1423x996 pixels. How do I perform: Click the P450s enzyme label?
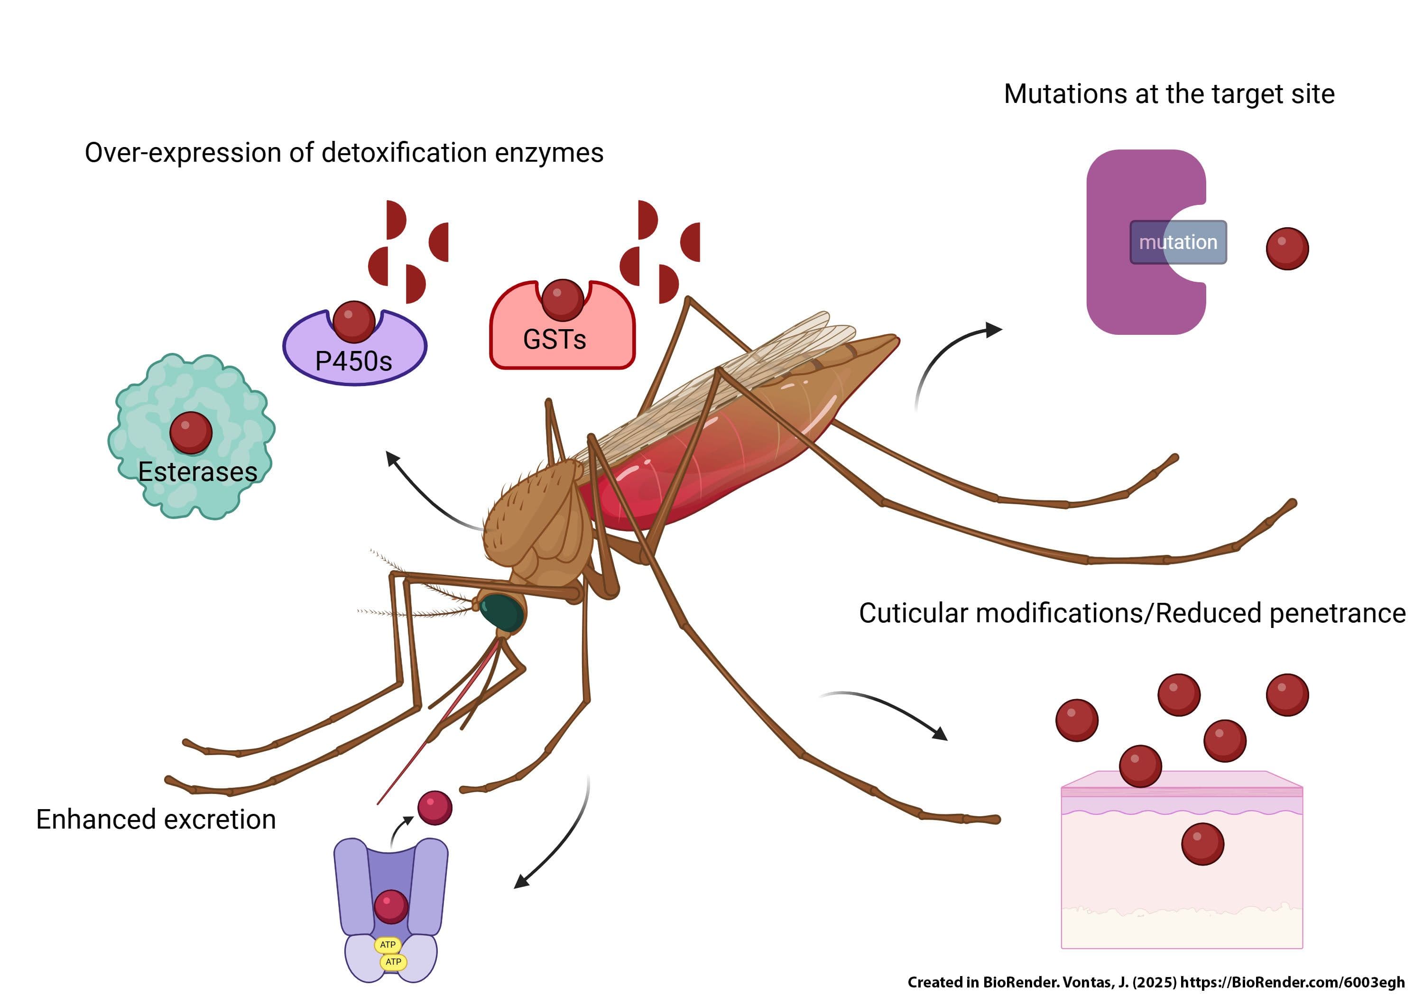point(353,361)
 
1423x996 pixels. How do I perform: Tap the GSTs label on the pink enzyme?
point(554,340)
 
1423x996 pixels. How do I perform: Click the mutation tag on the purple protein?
point(1178,242)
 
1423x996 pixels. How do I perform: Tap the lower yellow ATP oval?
point(393,962)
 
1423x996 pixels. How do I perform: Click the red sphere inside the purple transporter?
point(391,906)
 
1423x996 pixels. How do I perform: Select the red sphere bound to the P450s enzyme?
point(354,321)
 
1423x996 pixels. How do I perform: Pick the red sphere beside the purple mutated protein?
point(1287,249)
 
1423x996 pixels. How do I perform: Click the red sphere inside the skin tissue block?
point(1202,844)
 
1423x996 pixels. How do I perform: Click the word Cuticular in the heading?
point(913,614)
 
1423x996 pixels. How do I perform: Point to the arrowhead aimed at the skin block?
point(940,734)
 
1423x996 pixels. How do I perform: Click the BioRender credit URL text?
point(1292,982)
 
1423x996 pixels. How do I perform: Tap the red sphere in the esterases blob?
point(191,432)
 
